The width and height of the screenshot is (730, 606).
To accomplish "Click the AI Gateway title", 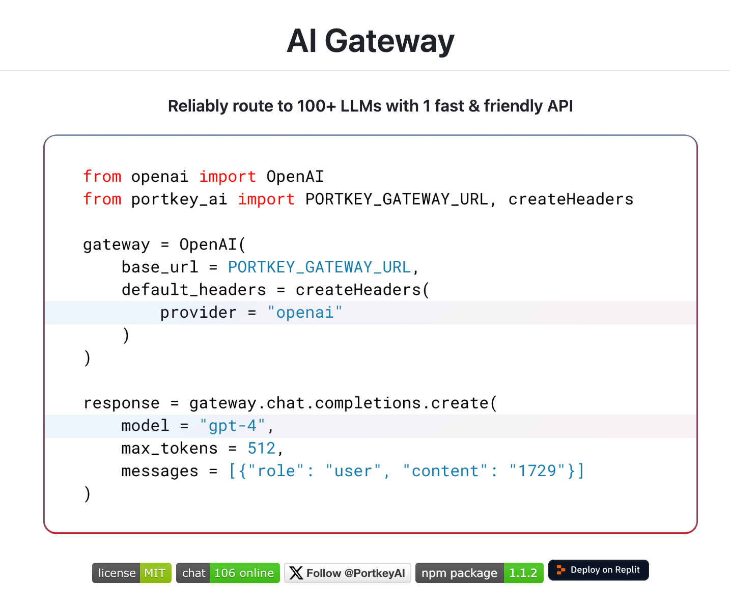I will (x=370, y=41).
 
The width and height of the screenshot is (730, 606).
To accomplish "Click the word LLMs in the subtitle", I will (x=361, y=106).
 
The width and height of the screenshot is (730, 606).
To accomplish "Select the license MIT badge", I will (x=131, y=573).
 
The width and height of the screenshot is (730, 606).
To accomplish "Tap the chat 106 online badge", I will (x=228, y=573).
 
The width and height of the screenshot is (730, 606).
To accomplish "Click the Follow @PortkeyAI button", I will (x=348, y=573).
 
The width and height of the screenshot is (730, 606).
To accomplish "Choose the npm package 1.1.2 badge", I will (x=479, y=573).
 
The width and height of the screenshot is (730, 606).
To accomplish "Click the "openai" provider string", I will (x=304, y=312).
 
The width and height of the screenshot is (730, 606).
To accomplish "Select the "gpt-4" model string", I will (x=232, y=425).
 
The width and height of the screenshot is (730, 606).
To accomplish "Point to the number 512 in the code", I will (x=261, y=448).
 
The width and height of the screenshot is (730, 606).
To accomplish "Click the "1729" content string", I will (x=537, y=471).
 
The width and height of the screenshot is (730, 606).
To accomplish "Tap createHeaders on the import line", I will (x=571, y=199).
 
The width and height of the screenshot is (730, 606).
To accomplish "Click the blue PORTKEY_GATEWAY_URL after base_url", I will (x=319, y=267).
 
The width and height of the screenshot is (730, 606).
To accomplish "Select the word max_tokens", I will (x=169, y=448).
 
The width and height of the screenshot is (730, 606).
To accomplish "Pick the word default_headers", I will (x=193, y=290).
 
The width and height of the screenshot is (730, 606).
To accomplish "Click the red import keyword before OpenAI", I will (x=227, y=177).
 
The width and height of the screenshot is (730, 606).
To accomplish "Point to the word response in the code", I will (x=121, y=403).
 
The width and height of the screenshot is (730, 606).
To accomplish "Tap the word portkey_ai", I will (x=179, y=199).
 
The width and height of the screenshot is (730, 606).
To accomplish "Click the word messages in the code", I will (x=159, y=471).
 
